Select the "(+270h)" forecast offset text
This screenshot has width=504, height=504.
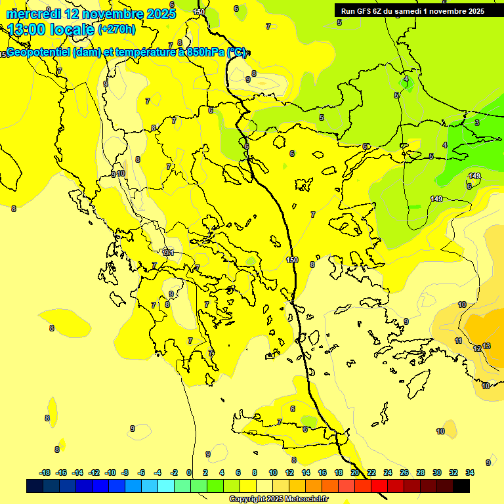pos(117,30)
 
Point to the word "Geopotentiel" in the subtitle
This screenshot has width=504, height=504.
pos(41,52)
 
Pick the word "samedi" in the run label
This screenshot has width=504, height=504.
pos(412,11)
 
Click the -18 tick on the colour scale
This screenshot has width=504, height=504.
pos(45,472)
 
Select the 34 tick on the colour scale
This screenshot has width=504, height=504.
pos(470,472)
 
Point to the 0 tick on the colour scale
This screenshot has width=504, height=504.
pos(189,472)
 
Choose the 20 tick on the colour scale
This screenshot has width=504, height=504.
pos(355,472)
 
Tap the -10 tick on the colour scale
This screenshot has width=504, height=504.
pos(110,472)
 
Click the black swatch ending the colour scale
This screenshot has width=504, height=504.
pos(461,486)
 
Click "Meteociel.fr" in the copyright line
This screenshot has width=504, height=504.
pos(306,499)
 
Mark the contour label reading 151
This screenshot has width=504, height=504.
pos(168,253)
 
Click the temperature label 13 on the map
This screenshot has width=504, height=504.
pos(486,346)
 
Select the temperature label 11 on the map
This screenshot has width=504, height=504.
pos(459,341)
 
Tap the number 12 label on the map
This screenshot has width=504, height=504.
pos(477,348)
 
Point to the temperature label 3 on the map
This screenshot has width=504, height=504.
pos(476,123)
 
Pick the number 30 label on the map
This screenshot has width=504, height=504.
pos(440,431)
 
